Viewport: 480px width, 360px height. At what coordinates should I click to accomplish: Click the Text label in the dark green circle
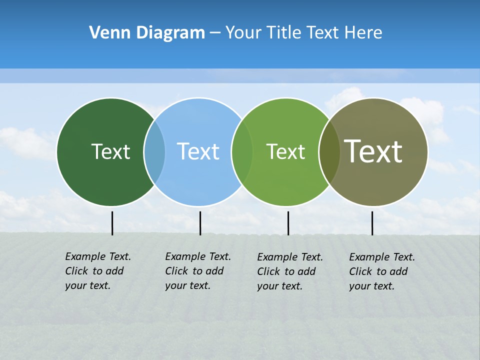pyautogui.click(x=110, y=151)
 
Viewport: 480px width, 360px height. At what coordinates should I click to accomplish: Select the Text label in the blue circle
pyautogui.click(x=198, y=151)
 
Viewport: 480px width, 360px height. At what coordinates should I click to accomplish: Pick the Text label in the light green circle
pyautogui.click(x=285, y=151)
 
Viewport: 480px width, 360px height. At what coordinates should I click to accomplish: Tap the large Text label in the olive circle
pyautogui.click(x=373, y=151)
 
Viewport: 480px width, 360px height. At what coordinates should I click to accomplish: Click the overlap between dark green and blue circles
pyautogui.click(x=154, y=151)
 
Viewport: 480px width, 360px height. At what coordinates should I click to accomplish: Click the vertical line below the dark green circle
pyautogui.click(x=112, y=223)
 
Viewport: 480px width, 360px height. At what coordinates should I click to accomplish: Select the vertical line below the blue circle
pyautogui.click(x=200, y=223)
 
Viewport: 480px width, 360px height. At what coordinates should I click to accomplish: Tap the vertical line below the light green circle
pyautogui.click(x=288, y=223)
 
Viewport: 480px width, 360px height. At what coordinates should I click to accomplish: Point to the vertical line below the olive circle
pyautogui.click(x=372, y=223)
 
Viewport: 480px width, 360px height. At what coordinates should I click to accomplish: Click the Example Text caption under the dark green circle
pyautogui.click(x=98, y=271)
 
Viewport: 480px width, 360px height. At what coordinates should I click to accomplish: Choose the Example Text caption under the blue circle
pyautogui.click(x=198, y=271)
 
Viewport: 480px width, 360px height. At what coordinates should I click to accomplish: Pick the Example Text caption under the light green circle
pyautogui.click(x=290, y=271)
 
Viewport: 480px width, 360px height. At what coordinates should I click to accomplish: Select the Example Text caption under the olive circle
pyautogui.click(x=382, y=271)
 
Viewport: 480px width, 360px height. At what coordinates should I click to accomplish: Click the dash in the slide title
pyautogui.click(x=215, y=33)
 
